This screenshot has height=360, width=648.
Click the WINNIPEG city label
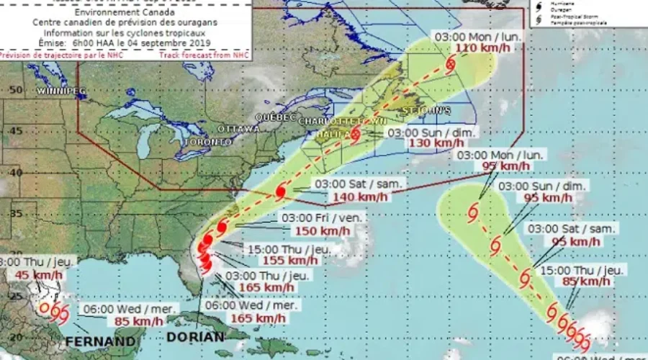click(x=62, y=91)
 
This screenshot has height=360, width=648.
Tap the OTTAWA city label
click(x=238, y=129)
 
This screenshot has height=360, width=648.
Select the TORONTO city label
click(x=207, y=143)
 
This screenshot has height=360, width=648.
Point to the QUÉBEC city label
click(x=276, y=117)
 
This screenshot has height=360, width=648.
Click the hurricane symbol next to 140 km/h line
click(x=281, y=193)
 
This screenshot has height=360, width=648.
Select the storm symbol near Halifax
click(x=355, y=135)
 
